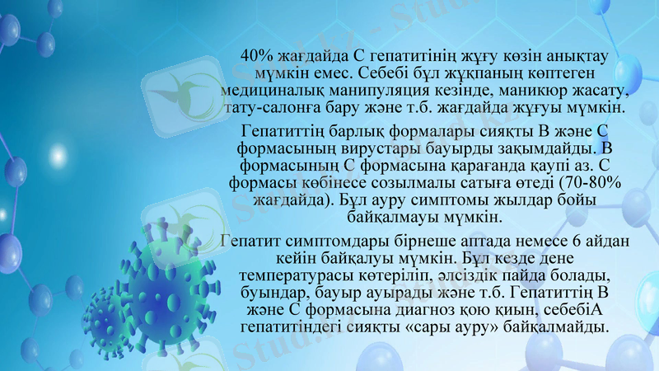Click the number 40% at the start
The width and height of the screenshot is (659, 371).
click(256, 55)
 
